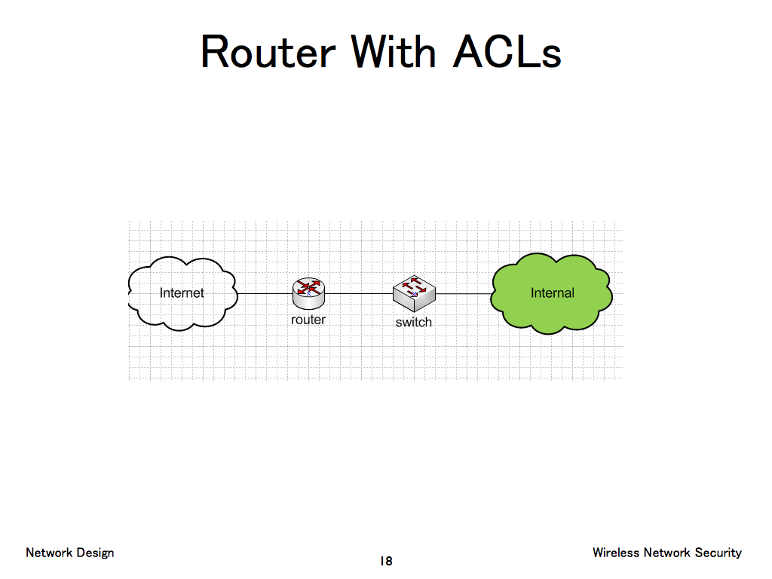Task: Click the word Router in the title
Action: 268,53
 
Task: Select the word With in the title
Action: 394,53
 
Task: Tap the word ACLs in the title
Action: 507,53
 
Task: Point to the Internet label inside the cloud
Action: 182,293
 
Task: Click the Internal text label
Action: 553,293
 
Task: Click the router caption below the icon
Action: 308,320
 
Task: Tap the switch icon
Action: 414,293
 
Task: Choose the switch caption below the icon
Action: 414,322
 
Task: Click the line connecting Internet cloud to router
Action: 265,293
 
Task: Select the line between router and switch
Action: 359,293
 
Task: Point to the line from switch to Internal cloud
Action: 464,293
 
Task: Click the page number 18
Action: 386,561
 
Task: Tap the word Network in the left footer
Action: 49,553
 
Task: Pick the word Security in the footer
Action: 718,553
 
